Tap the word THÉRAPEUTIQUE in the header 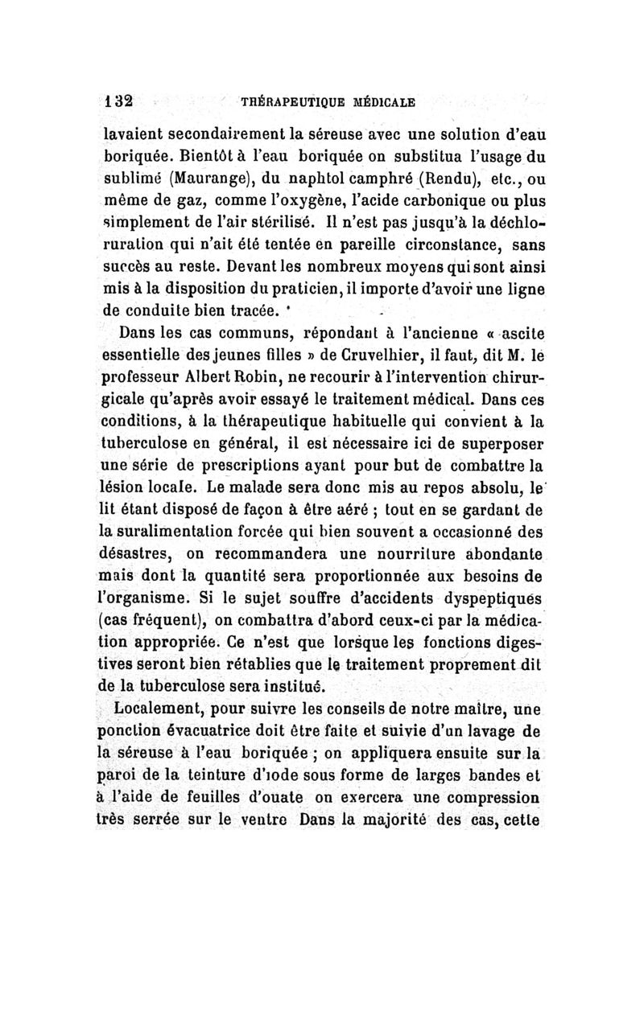tap(286, 102)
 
